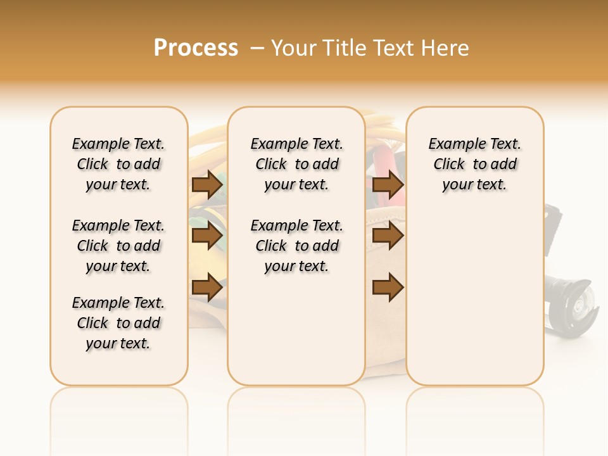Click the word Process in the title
pos(196,48)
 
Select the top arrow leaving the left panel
pos(207,184)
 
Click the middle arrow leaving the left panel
pos(207,236)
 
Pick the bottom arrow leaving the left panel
pos(207,288)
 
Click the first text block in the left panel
pos(118,164)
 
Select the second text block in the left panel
pos(118,246)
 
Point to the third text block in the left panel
pos(118,323)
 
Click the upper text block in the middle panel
pos(296,164)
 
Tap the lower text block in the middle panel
pos(296,246)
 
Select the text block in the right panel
pos(474,164)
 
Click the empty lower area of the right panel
pos(474,298)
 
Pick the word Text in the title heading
pos(395,48)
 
